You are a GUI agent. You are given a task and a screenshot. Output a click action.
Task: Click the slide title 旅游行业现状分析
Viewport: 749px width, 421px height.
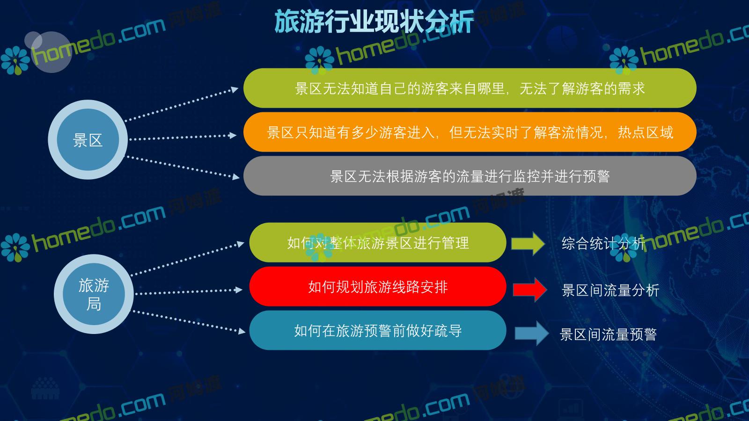click(x=374, y=22)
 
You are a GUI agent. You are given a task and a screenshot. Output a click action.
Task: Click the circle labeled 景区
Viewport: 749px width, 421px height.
click(x=88, y=140)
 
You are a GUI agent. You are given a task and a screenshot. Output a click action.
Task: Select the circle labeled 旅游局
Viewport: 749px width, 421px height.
click(x=94, y=294)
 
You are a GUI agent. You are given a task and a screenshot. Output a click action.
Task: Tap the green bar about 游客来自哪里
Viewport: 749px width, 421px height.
click(x=470, y=88)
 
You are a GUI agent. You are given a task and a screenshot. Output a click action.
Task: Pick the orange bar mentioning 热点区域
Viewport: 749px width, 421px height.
click(x=470, y=132)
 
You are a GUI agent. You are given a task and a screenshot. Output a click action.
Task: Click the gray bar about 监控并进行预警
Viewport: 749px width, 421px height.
click(x=470, y=176)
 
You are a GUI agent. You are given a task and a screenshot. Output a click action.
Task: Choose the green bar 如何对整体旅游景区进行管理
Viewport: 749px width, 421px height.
click(x=378, y=243)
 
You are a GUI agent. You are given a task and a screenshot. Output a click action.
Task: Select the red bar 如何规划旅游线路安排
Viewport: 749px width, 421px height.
click(x=378, y=287)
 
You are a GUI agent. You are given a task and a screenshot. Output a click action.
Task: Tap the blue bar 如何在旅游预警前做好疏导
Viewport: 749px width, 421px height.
click(x=378, y=330)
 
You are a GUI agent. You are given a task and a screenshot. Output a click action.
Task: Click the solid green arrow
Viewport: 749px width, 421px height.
click(x=528, y=244)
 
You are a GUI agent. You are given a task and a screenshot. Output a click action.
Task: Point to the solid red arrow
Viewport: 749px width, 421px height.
click(x=530, y=290)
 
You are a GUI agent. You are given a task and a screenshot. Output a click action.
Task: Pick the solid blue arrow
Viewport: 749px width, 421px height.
click(x=532, y=333)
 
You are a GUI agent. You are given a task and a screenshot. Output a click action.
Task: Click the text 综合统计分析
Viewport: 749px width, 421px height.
click(x=603, y=243)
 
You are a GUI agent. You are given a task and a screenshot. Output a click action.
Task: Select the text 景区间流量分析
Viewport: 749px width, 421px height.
click(x=610, y=290)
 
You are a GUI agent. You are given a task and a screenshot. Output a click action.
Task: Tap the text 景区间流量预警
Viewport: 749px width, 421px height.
click(x=608, y=334)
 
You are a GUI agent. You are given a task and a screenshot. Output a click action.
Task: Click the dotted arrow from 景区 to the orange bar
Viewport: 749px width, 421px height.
click(x=183, y=137)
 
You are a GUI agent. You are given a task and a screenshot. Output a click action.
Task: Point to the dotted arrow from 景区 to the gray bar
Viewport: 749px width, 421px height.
click(x=183, y=167)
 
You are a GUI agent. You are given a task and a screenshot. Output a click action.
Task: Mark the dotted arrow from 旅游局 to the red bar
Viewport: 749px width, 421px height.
click(x=189, y=292)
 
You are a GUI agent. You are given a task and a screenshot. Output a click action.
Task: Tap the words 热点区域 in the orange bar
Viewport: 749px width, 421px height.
click(x=646, y=132)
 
